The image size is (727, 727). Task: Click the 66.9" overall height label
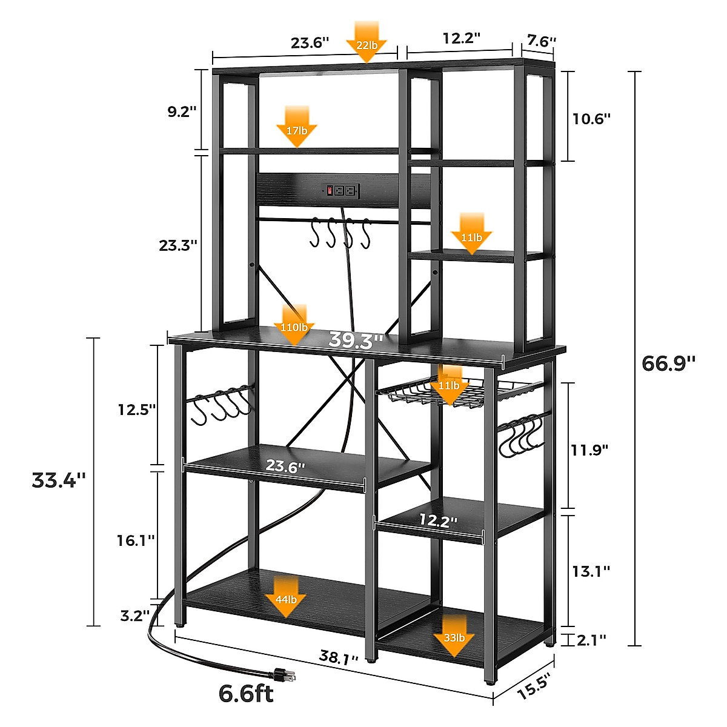click(668, 363)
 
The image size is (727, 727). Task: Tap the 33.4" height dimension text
click(59, 480)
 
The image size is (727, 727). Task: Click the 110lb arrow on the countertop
click(294, 325)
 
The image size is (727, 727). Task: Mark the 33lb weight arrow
click(454, 636)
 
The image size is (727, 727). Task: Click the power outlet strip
click(340, 190)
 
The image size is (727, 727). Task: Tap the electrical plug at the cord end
click(283, 674)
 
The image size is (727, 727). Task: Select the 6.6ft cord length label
click(246, 694)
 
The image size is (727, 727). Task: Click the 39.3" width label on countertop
click(356, 340)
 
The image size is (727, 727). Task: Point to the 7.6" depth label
click(541, 41)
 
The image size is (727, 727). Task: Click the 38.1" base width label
click(339, 657)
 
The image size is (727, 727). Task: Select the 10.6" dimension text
click(591, 118)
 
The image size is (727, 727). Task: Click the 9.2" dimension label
click(182, 111)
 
